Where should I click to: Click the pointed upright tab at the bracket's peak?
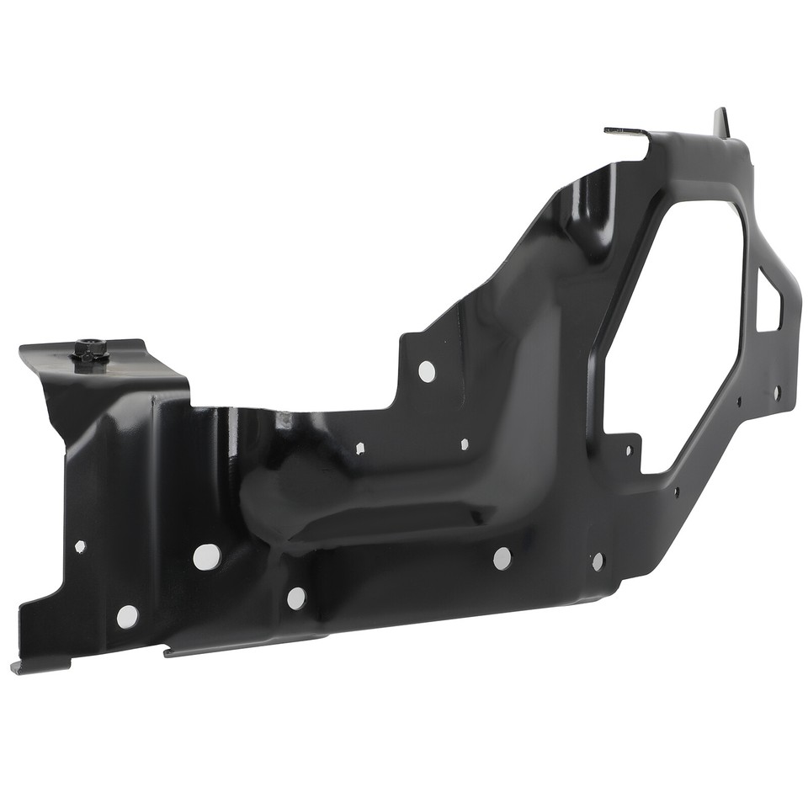click(x=720, y=121)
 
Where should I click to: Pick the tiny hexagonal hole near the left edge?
click(x=80, y=546)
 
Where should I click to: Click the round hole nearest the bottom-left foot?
click(x=127, y=616)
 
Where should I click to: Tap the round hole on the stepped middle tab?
click(x=427, y=370)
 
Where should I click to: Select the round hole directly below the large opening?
click(x=597, y=561)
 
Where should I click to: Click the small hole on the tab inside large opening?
click(x=628, y=449)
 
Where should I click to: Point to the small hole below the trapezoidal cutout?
click(x=776, y=392)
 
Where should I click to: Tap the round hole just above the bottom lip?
click(x=295, y=598)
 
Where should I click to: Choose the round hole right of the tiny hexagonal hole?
click(x=206, y=555)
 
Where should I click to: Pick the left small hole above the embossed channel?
click(x=360, y=448)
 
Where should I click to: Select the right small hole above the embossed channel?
click(x=464, y=444)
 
